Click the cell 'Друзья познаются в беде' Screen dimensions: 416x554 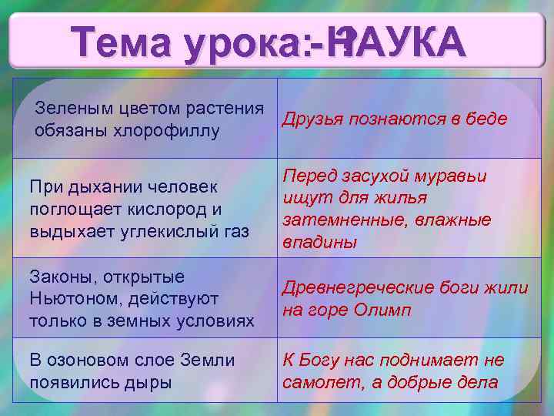click(395, 119)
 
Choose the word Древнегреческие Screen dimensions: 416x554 click(359, 287)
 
